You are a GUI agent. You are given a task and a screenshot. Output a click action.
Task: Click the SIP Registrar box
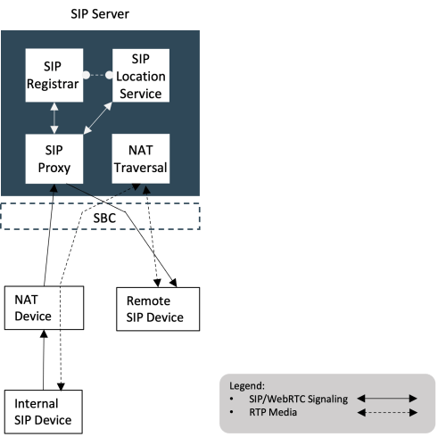(x=54, y=78)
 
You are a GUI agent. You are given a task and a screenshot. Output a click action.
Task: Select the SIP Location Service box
(x=139, y=78)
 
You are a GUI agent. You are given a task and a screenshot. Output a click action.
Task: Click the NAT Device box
(x=44, y=309)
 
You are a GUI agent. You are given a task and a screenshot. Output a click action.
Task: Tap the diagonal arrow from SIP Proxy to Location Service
(x=98, y=118)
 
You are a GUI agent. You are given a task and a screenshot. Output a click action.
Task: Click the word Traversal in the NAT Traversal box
(x=139, y=167)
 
